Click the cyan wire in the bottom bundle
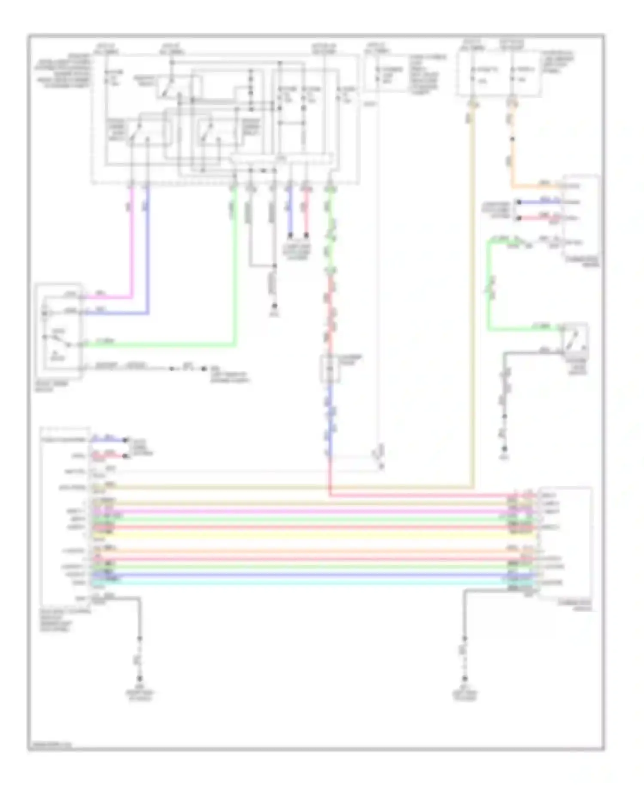[x=301, y=582]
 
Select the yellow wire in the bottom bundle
[x=301, y=535]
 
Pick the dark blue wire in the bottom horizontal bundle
[x=301, y=575]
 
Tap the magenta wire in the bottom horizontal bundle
[x=301, y=512]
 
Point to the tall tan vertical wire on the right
[x=473, y=301]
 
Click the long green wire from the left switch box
[x=172, y=344]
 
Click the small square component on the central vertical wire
[x=330, y=368]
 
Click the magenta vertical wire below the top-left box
[x=132, y=240]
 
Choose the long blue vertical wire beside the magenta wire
[x=148, y=249]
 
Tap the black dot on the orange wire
[x=512, y=139]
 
